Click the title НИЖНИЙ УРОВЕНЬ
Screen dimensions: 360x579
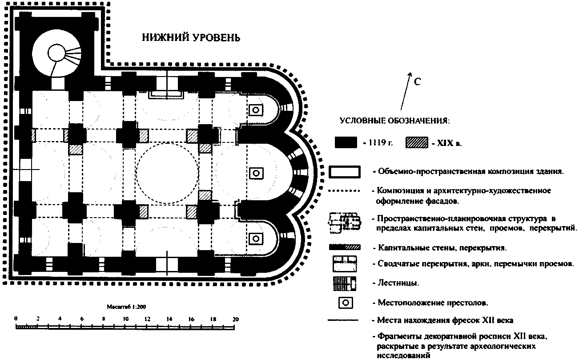[x=191, y=38]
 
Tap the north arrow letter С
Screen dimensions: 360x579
[x=418, y=82]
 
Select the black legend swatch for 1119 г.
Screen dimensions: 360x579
[x=346, y=142]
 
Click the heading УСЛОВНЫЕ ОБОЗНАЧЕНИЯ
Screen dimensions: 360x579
[x=394, y=121]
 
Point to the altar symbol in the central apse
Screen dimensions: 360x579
[x=256, y=173]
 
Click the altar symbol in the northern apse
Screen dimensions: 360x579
[x=256, y=109]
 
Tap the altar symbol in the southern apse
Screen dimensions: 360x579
[x=256, y=238]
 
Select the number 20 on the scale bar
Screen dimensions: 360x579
[x=235, y=319]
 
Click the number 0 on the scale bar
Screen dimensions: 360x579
[x=16, y=319]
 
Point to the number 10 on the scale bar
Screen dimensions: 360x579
[x=126, y=319]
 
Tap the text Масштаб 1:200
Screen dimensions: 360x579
[x=125, y=307]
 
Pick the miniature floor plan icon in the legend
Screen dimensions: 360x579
[x=344, y=221]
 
